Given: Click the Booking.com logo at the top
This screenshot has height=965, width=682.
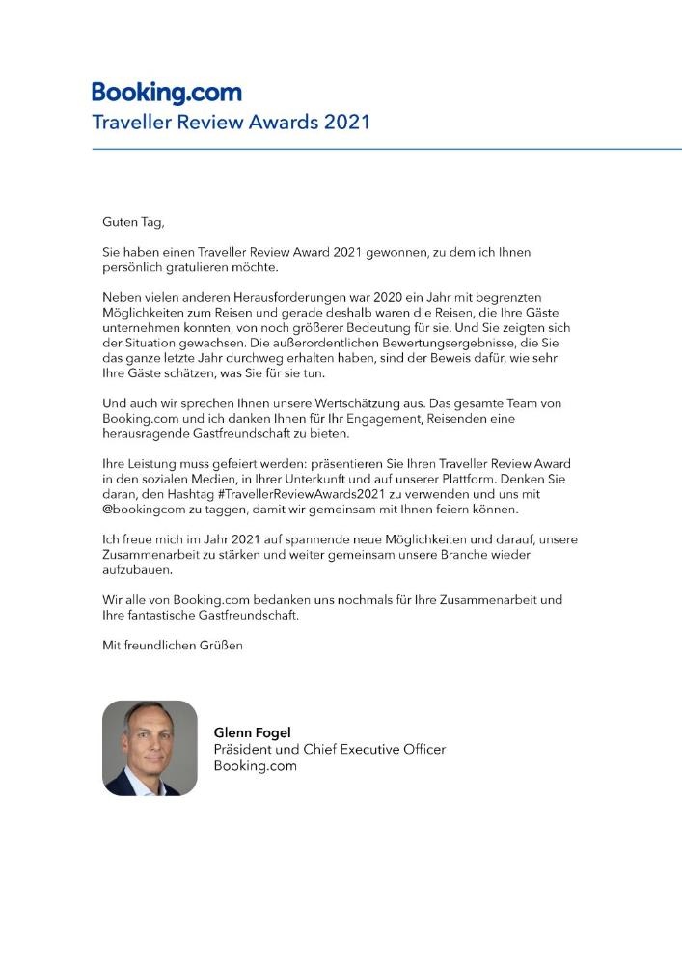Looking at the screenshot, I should [x=167, y=94].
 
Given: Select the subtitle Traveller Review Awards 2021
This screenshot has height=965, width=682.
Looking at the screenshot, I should [x=231, y=124].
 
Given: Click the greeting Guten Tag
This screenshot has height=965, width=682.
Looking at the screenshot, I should [x=133, y=222].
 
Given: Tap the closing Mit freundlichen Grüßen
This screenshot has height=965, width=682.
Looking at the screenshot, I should [x=173, y=645].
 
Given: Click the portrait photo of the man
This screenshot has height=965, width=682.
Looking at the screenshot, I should [x=150, y=748].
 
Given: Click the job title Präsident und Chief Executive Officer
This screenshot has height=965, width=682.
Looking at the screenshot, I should [x=329, y=749].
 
